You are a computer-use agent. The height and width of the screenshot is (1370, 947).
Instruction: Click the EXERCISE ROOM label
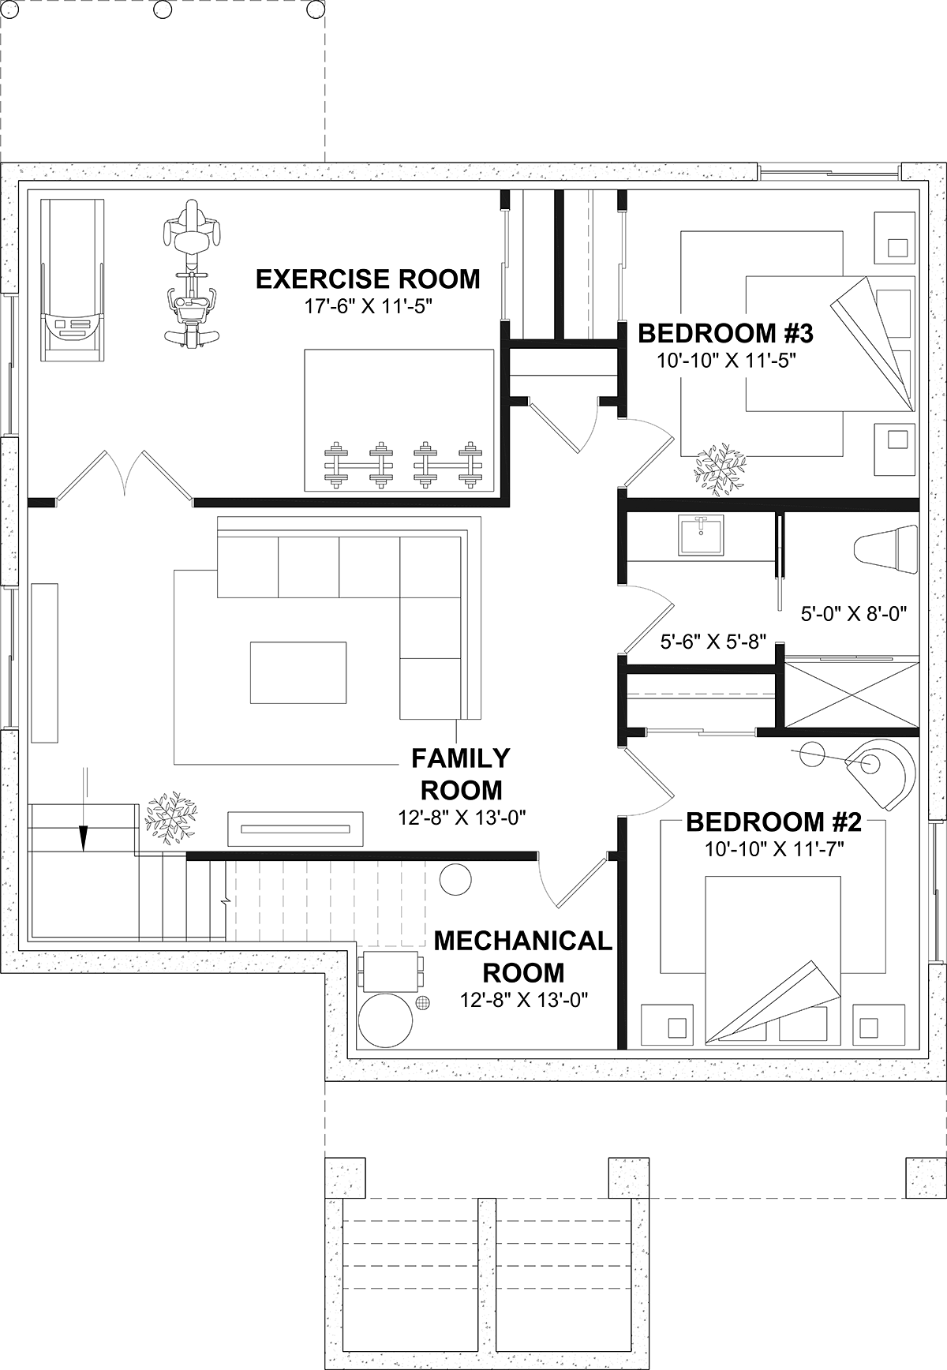368,279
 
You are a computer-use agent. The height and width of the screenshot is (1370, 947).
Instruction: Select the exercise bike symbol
190,274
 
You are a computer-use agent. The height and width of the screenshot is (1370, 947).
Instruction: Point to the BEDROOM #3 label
725,334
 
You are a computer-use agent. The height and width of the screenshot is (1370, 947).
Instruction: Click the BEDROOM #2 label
773,822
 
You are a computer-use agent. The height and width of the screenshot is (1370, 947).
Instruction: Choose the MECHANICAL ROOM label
523,956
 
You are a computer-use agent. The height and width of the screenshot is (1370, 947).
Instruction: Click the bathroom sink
700,536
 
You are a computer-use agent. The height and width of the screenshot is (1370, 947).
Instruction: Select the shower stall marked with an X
852,694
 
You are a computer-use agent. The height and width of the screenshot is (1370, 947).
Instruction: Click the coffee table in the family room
298,672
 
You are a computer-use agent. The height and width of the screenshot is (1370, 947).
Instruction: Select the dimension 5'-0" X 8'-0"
854,612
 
